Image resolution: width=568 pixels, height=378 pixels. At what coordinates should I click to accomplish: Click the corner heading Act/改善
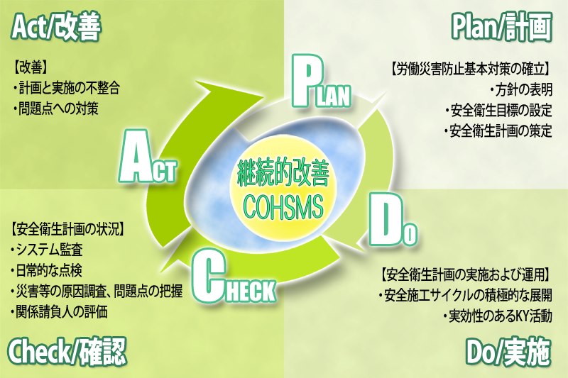pos(56,27)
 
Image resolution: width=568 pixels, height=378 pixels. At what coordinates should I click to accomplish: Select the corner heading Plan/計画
pos(502,27)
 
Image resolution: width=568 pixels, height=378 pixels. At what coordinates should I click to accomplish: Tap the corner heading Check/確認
pos(67,352)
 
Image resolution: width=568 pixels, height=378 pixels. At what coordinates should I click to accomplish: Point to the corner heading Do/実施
pos(508,352)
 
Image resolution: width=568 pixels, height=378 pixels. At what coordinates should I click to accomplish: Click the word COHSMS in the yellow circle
pos(283,206)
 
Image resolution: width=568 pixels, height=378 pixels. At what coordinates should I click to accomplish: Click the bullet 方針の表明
pos(522,89)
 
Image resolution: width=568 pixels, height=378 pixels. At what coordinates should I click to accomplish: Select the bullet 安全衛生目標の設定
pos(499,110)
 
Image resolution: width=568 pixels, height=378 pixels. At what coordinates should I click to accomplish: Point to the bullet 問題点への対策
pos(55,109)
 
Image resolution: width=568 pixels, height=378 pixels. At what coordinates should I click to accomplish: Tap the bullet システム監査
pos(47,249)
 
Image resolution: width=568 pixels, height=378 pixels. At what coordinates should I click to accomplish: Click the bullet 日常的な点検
pos(47,269)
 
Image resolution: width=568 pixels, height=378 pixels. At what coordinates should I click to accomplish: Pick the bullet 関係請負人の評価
pos(60,311)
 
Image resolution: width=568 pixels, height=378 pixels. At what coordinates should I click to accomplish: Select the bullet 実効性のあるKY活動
pos(498,316)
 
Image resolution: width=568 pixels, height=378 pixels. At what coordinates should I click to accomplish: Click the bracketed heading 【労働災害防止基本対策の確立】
pos(470,69)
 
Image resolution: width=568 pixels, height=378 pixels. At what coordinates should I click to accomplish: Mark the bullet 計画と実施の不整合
pos(65,88)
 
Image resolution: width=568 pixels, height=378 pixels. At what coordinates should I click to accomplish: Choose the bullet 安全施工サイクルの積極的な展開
pos(466,295)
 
